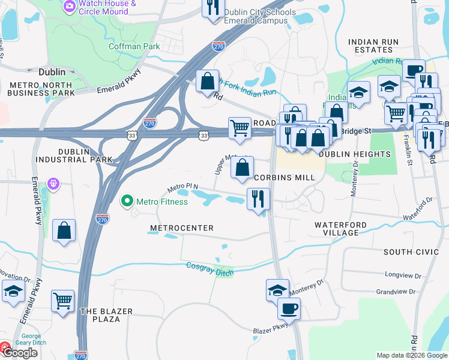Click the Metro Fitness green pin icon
pyautogui.click(x=127, y=201)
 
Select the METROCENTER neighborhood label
pyautogui.click(x=181, y=229)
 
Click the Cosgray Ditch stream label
pyautogui.click(x=209, y=269)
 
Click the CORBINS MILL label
pyautogui.click(x=284, y=178)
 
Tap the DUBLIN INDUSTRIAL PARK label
pyautogui.click(x=74, y=156)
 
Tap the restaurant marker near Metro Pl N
pyautogui.click(x=258, y=199)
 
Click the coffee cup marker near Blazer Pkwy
pyautogui.click(x=289, y=310)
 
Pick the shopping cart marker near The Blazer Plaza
pyautogui.click(x=62, y=302)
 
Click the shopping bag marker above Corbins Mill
pyautogui.click(x=242, y=168)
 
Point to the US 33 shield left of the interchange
pyautogui.click(x=132, y=136)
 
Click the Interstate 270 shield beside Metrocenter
pyautogui.click(x=103, y=220)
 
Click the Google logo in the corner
pyautogui.click(x=19, y=353)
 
